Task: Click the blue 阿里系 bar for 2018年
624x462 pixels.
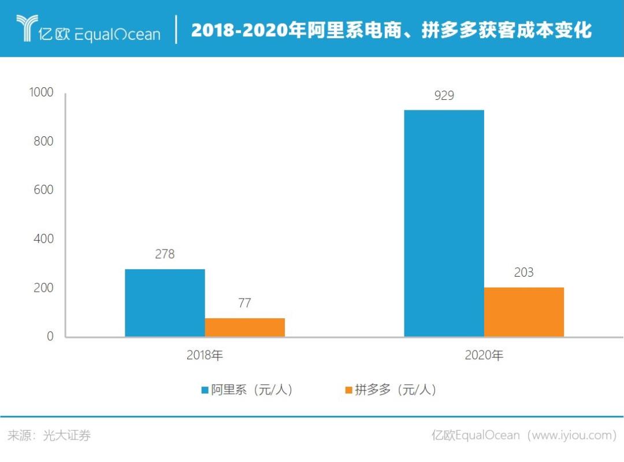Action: (165, 303)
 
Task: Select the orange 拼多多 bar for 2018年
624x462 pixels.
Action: (244, 327)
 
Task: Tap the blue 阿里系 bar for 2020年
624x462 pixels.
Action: (444, 223)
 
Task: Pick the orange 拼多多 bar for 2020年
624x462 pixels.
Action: (523, 312)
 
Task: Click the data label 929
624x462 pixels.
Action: (444, 96)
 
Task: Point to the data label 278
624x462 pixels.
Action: (165, 254)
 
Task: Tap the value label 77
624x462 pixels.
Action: (244, 303)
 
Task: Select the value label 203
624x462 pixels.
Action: (523, 273)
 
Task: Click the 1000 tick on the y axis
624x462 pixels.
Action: (41, 92)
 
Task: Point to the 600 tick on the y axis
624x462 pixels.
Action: (43, 190)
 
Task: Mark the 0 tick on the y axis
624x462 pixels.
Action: (50, 336)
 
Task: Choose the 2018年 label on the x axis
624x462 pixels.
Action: (205, 356)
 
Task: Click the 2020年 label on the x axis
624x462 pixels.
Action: (484, 356)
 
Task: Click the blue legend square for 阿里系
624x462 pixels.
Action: (205, 390)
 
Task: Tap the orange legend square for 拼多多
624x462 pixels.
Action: (348, 390)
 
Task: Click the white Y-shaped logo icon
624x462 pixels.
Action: (27, 28)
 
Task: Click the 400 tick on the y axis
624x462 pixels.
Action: (43, 239)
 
